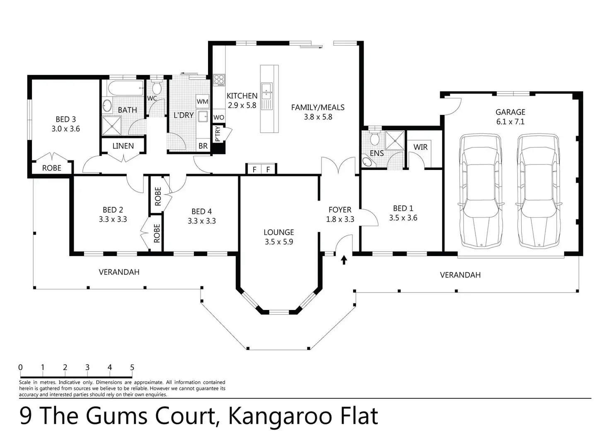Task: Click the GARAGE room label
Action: click(x=510, y=112)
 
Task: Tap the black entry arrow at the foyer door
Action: click(x=344, y=260)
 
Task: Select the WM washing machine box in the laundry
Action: click(x=202, y=102)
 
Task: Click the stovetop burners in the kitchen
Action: click(x=219, y=80)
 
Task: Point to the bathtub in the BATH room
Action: click(x=126, y=88)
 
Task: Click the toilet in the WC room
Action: click(x=156, y=87)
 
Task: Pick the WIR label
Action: click(x=421, y=147)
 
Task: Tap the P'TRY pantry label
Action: click(x=217, y=134)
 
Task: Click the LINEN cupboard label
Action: click(x=123, y=146)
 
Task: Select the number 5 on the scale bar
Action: click(x=132, y=368)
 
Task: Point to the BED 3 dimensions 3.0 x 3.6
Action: click(x=65, y=129)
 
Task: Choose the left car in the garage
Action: click(x=481, y=191)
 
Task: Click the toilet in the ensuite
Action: click(x=375, y=138)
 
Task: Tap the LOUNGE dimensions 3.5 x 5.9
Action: click(x=279, y=242)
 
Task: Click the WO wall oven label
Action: click(x=219, y=117)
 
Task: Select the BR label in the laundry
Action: click(x=203, y=146)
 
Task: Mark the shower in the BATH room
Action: click(x=111, y=126)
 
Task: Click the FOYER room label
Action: click(x=340, y=210)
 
